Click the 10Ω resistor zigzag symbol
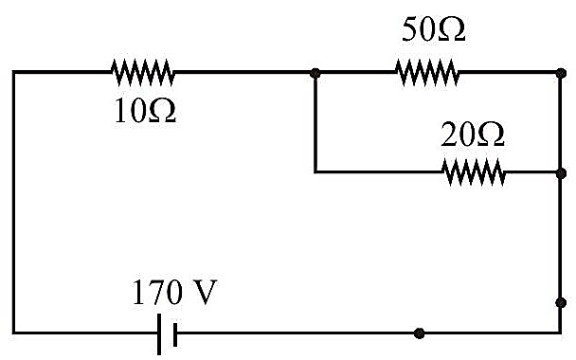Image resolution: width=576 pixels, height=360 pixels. pyautogui.click(x=143, y=72)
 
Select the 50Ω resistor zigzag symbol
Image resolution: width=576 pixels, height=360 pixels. pyautogui.click(x=427, y=72)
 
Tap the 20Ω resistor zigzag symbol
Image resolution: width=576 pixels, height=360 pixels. pyautogui.click(x=474, y=171)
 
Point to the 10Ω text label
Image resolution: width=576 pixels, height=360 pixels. pyautogui.click(x=145, y=111)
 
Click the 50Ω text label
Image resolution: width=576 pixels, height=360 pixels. pyautogui.click(x=434, y=29)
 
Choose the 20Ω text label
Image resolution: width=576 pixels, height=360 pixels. pyautogui.click(x=473, y=135)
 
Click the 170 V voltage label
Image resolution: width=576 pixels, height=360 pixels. pyautogui.click(x=174, y=293)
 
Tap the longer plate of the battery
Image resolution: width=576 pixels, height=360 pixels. pyautogui.click(x=159, y=334)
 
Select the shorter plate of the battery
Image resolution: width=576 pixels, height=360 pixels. pyautogui.click(x=175, y=334)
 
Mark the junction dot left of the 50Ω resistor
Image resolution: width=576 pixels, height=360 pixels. pyautogui.click(x=315, y=73)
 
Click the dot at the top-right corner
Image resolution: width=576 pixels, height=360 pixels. pyautogui.click(x=561, y=73)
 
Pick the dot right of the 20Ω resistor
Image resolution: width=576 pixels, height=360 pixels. pyautogui.click(x=561, y=173)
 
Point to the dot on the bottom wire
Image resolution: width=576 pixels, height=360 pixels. pyautogui.click(x=419, y=333)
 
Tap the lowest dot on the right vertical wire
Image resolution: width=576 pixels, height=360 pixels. pyautogui.click(x=561, y=303)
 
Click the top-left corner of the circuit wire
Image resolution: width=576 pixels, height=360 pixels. pyautogui.click(x=14, y=72)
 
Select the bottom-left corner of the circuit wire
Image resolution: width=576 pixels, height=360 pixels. pyautogui.click(x=14, y=333)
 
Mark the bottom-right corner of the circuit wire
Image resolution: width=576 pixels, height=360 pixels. pyautogui.click(x=561, y=333)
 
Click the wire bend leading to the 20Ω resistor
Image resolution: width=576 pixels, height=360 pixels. pyautogui.click(x=315, y=171)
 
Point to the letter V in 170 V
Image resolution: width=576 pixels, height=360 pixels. pyautogui.click(x=203, y=293)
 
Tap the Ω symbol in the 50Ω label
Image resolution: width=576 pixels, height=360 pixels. pyautogui.click(x=452, y=29)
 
